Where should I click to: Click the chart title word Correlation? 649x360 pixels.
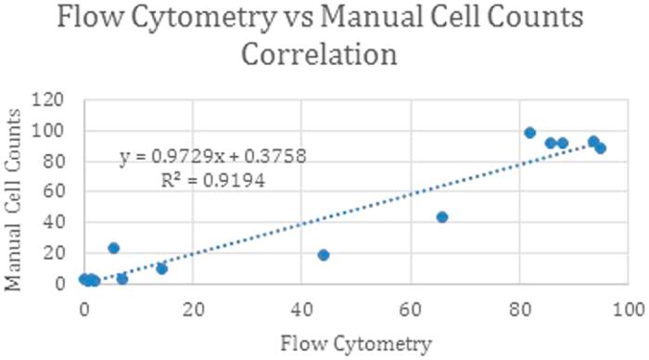pyautogui.click(x=320, y=55)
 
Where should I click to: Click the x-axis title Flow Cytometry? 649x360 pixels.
pyautogui.click(x=356, y=344)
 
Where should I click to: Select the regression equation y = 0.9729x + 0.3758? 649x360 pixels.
pyautogui.click(x=213, y=158)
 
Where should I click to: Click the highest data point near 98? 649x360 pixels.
pyautogui.click(x=529, y=133)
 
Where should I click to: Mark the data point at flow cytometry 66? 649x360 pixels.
pyautogui.click(x=442, y=217)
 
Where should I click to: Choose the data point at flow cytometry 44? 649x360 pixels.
pyautogui.click(x=324, y=255)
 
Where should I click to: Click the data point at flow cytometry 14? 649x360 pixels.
pyautogui.click(x=161, y=269)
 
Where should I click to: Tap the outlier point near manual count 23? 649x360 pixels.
pyautogui.click(x=113, y=248)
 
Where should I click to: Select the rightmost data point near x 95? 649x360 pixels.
pyautogui.click(x=600, y=148)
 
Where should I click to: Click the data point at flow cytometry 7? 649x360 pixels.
pyautogui.click(x=122, y=278)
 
